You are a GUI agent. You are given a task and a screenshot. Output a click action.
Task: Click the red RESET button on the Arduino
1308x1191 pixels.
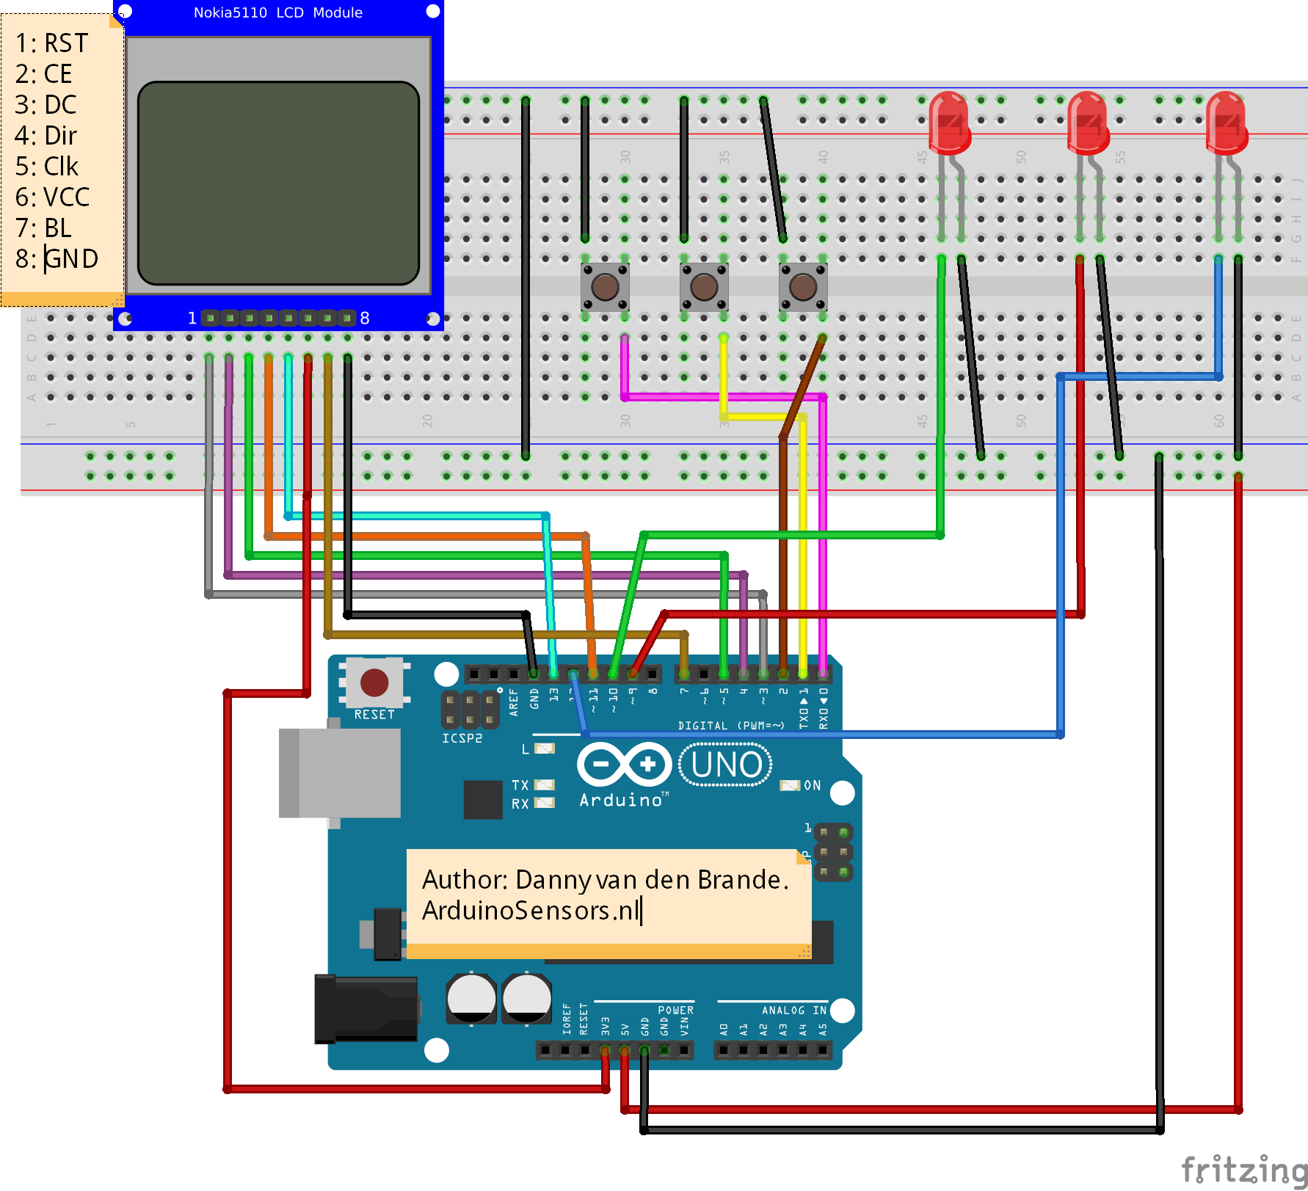(x=374, y=682)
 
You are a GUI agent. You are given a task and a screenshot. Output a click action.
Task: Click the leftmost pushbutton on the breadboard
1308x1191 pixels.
(x=605, y=287)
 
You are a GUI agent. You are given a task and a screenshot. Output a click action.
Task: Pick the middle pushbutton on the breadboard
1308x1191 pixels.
(x=704, y=287)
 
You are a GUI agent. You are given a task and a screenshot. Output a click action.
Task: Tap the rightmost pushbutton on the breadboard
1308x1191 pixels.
(x=803, y=287)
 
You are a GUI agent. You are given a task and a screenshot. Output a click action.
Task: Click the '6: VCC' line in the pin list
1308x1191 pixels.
(x=52, y=197)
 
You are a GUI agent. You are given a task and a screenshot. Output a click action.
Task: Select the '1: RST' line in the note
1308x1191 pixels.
(x=51, y=43)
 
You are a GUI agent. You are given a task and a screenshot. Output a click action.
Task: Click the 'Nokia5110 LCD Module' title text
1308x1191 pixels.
(x=277, y=12)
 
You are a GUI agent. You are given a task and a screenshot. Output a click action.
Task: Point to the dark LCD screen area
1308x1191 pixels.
(x=278, y=183)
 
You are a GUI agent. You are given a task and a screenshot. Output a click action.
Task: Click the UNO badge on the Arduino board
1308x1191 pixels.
(x=725, y=765)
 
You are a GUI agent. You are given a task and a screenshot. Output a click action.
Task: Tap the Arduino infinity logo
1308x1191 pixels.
(x=624, y=765)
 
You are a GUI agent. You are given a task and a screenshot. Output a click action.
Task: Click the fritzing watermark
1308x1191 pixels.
(x=1243, y=1168)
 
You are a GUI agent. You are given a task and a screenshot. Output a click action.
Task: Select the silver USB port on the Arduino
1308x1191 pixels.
(x=340, y=773)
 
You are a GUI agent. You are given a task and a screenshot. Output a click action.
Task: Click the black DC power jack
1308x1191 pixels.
(x=366, y=1008)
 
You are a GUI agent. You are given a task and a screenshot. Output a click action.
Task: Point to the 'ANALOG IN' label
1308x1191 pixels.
(x=793, y=1010)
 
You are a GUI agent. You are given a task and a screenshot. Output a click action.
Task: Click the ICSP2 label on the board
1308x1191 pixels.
(x=462, y=738)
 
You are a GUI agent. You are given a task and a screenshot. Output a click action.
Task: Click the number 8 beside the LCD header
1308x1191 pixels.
(x=365, y=318)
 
